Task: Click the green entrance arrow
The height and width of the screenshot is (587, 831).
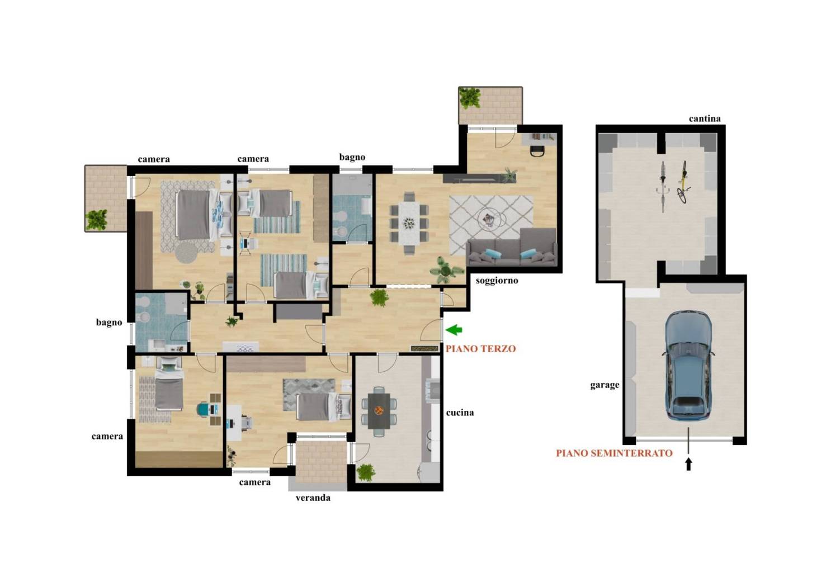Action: (x=454, y=330)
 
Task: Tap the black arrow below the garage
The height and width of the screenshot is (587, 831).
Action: (x=688, y=464)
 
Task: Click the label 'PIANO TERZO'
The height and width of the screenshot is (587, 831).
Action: (x=480, y=348)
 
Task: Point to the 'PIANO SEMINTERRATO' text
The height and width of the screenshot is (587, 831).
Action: (x=614, y=453)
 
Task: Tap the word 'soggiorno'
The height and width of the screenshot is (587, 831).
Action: (x=497, y=281)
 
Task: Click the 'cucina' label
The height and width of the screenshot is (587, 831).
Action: (x=460, y=413)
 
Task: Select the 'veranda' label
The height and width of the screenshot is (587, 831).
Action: (x=313, y=498)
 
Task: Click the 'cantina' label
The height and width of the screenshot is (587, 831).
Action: (x=705, y=119)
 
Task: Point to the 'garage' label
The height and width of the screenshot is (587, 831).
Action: (x=605, y=385)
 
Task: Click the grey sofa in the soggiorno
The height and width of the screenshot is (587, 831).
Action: (x=512, y=247)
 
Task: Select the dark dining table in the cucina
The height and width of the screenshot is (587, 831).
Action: (x=379, y=411)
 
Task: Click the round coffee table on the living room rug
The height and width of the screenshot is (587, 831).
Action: (x=489, y=220)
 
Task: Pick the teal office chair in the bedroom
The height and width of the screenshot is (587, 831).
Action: (x=204, y=409)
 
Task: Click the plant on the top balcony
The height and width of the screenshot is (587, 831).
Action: (x=470, y=98)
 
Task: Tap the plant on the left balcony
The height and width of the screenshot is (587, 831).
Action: (x=96, y=220)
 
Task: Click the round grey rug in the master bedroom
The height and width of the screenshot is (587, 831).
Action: (x=186, y=253)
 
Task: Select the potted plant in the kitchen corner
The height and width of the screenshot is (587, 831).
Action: (x=366, y=473)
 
